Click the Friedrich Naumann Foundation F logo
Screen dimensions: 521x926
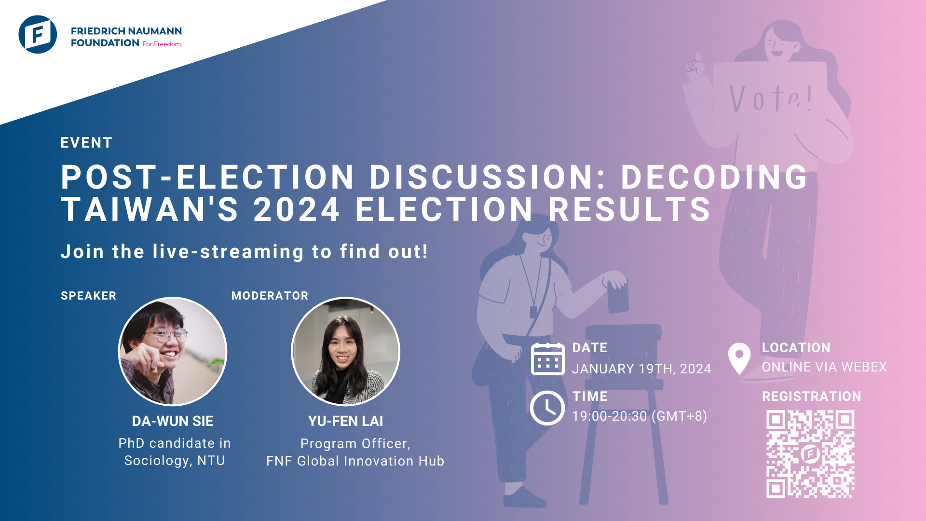[38, 34]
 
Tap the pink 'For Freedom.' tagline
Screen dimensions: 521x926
[162, 44]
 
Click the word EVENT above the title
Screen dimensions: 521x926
[86, 143]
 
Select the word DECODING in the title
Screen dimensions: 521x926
[714, 177]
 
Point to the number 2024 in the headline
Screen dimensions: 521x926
[297, 210]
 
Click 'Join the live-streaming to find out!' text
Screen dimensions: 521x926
[244, 252]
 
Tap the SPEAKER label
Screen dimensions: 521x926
[88, 296]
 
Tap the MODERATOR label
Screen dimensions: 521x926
[270, 296]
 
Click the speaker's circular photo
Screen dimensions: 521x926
[173, 351]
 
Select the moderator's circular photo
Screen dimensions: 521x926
[345, 351]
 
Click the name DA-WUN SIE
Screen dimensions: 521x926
[173, 421]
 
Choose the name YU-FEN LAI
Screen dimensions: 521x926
[345, 421]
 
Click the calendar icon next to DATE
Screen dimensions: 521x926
[547, 359]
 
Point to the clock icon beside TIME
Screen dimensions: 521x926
[547, 408]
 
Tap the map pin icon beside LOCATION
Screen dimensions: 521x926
[739, 358]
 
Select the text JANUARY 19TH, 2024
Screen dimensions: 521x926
[641, 369]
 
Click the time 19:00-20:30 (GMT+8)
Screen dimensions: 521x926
[640, 416]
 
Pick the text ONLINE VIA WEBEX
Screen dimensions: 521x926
[824, 367]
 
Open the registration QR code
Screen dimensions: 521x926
[810, 454]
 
